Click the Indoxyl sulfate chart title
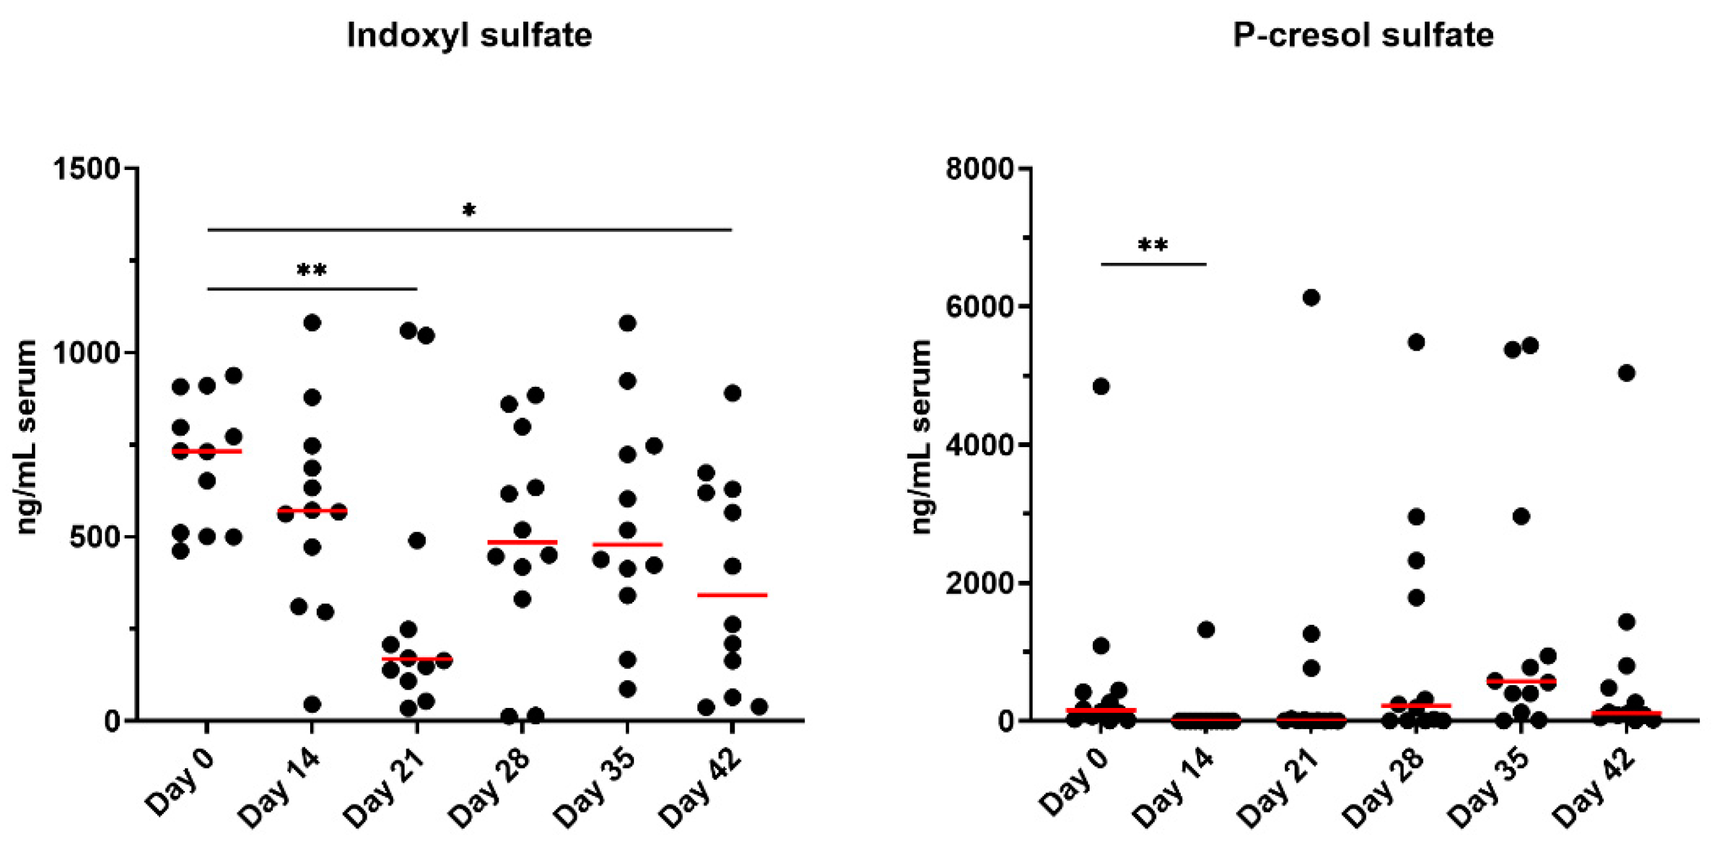[469, 35]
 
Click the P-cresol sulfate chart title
[1363, 35]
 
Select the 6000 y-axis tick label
[980, 306]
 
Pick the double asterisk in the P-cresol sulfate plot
[1153, 246]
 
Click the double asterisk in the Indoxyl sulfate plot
[312, 272]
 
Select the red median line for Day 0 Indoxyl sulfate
[207, 451]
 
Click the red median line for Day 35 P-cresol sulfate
[1521, 681]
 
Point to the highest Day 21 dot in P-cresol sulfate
[1311, 297]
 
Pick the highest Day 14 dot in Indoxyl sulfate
[312, 323]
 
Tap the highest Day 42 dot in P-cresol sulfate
[1627, 372]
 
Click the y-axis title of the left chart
[27, 436]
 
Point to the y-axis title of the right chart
[922, 436]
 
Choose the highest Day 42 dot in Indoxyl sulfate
[733, 393]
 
